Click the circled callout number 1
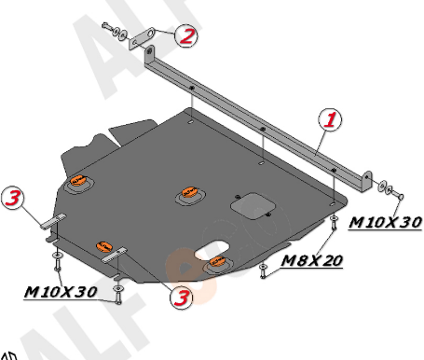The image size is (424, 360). (x=330, y=119)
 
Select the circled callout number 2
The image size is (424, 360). (x=186, y=35)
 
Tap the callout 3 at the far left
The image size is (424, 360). (x=12, y=198)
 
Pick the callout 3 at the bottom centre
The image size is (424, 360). (x=181, y=298)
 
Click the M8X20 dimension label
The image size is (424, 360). (x=311, y=261)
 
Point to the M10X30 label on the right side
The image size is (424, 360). (x=385, y=222)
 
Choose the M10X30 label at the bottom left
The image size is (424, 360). (x=61, y=292)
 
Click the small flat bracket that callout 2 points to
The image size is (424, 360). (x=142, y=38)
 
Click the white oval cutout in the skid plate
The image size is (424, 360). (x=212, y=250)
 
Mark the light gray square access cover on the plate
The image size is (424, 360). (x=253, y=206)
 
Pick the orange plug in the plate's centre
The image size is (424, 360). (x=189, y=192)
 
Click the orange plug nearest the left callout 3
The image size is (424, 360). (x=78, y=180)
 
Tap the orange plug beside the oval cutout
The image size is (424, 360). (x=217, y=262)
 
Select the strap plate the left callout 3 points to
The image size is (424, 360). (x=53, y=221)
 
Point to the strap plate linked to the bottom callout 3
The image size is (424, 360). (x=114, y=255)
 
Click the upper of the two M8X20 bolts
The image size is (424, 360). (x=334, y=222)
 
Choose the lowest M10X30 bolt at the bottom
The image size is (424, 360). (x=118, y=295)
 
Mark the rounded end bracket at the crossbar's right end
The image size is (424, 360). (x=366, y=182)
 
